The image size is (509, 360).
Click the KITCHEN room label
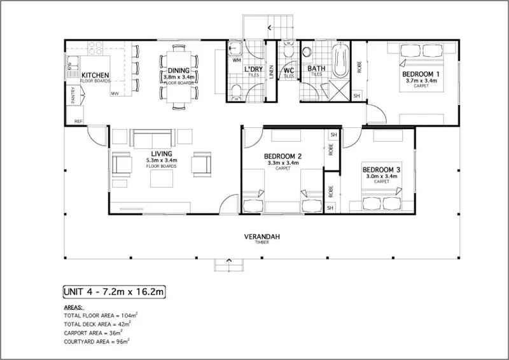[x=95, y=76]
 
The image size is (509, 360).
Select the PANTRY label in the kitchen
[x=74, y=96]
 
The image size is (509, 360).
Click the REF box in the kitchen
[x=79, y=120]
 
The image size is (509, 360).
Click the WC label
[x=289, y=70]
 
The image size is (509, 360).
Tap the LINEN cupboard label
[x=271, y=72]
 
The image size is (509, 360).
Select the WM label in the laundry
[x=237, y=60]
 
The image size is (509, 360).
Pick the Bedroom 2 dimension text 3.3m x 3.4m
[x=282, y=163]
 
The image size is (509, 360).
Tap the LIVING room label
[x=161, y=153]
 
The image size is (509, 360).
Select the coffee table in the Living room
[x=161, y=179]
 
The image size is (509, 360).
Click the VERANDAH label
[x=262, y=237]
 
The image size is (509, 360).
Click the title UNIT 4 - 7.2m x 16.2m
[x=115, y=292]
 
